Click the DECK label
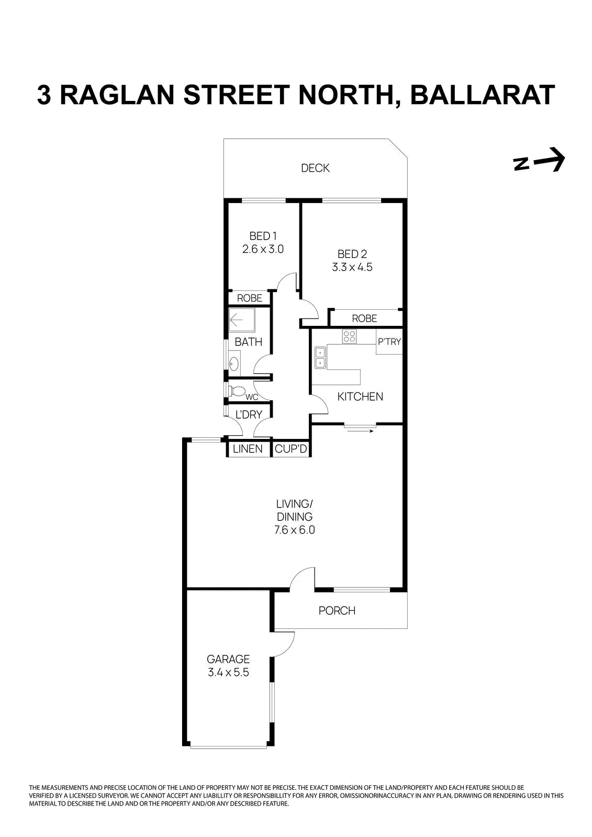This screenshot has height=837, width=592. click(x=315, y=168)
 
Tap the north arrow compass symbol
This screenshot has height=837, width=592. click(x=539, y=160)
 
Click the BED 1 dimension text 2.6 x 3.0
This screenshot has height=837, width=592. click(x=263, y=250)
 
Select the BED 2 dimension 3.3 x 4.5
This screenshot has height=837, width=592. click(x=352, y=267)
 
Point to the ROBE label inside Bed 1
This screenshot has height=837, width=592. click(x=250, y=298)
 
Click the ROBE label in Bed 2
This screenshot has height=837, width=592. click(x=364, y=319)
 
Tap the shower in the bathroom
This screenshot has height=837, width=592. click(x=242, y=320)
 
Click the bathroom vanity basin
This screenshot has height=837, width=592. click(x=234, y=364)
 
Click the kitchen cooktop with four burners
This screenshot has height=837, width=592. click(x=349, y=336)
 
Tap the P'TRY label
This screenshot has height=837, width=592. click(x=389, y=342)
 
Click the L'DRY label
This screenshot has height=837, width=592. click(x=249, y=415)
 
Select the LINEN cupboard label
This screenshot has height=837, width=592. click(x=248, y=449)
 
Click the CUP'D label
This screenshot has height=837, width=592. click(x=291, y=449)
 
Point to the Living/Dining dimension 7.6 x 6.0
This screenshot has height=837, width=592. click(x=295, y=530)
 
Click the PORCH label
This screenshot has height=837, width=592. click(x=337, y=610)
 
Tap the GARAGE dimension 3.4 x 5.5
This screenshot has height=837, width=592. click(x=228, y=673)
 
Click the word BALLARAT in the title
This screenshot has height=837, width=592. click(x=482, y=95)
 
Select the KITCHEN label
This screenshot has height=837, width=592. click(x=360, y=397)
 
